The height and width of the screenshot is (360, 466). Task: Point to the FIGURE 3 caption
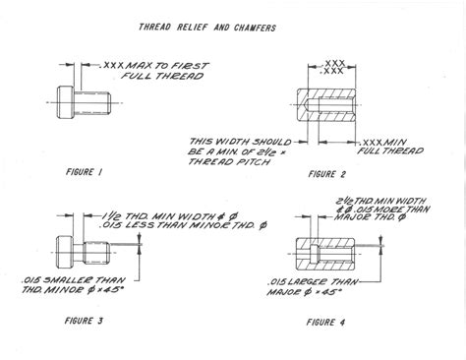click(x=86, y=321)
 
